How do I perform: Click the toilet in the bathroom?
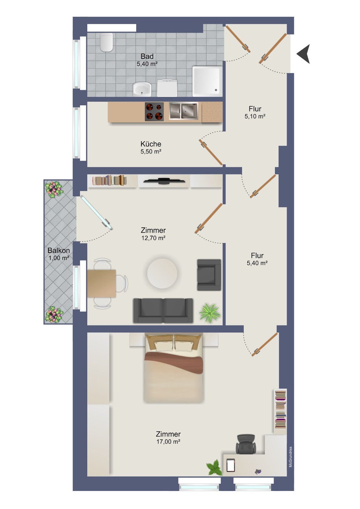pyautogui.click(x=106, y=42)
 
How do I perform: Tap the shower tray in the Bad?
pyautogui.click(x=207, y=81)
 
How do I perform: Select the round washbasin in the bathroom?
pyautogui.click(x=142, y=89)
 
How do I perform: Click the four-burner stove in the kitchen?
pyautogui.click(x=154, y=112)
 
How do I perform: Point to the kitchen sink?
pyautogui.click(x=184, y=111)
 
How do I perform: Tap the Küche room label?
pyautogui.click(x=151, y=144)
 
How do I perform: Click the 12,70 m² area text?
pyautogui.click(x=153, y=238)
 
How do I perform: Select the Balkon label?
pyautogui.click(x=59, y=250)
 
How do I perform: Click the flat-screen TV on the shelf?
pyautogui.click(x=164, y=181)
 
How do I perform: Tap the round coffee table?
pyautogui.click(x=162, y=273)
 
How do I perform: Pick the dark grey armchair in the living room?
pyautogui.click(x=209, y=275)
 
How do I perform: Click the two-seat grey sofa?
pyautogui.click(x=163, y=310)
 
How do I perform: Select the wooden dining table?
pyautogui.click(x=102, y=283)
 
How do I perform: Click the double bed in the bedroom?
pyautogui.click(x=173, y=368)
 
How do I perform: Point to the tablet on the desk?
pyautogui.click(x=230, y=465)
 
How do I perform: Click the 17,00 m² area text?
pyautogui.click(x=168, y=442)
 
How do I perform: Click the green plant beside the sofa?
pyautogui.click(x=210, y=313)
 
